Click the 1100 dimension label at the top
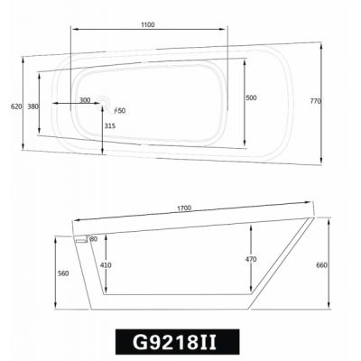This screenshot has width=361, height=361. point(148,24)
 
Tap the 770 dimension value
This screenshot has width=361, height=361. point(316,101)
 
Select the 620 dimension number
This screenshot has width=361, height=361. point(16,106)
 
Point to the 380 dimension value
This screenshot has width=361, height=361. point(32,106)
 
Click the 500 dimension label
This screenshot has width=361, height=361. point(251,97)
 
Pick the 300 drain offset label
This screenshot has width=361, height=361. point(85,100)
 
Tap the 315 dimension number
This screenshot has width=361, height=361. point(110,125)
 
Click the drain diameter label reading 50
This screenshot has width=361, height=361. point(120,111)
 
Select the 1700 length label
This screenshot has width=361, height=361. point(184,208)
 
